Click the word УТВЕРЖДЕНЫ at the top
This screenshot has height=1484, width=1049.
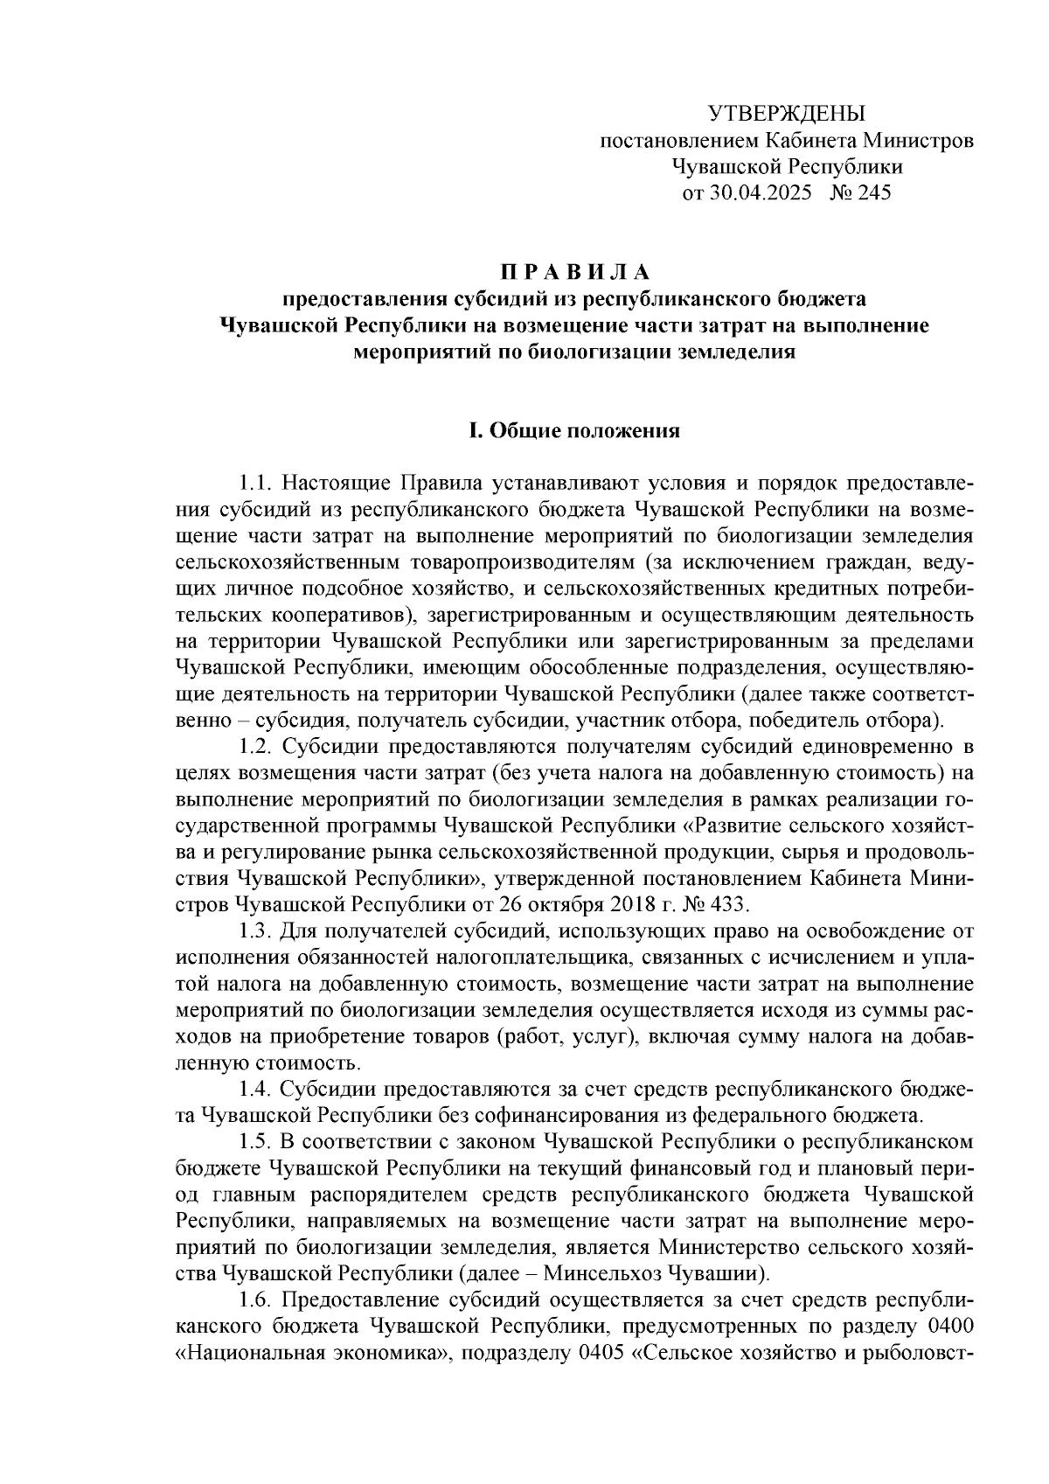coord(786,114)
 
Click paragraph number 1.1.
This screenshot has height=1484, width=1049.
coord(255,484)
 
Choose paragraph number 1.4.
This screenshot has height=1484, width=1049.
coord(255,1089)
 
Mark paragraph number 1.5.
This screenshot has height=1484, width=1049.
coord(255,1141)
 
